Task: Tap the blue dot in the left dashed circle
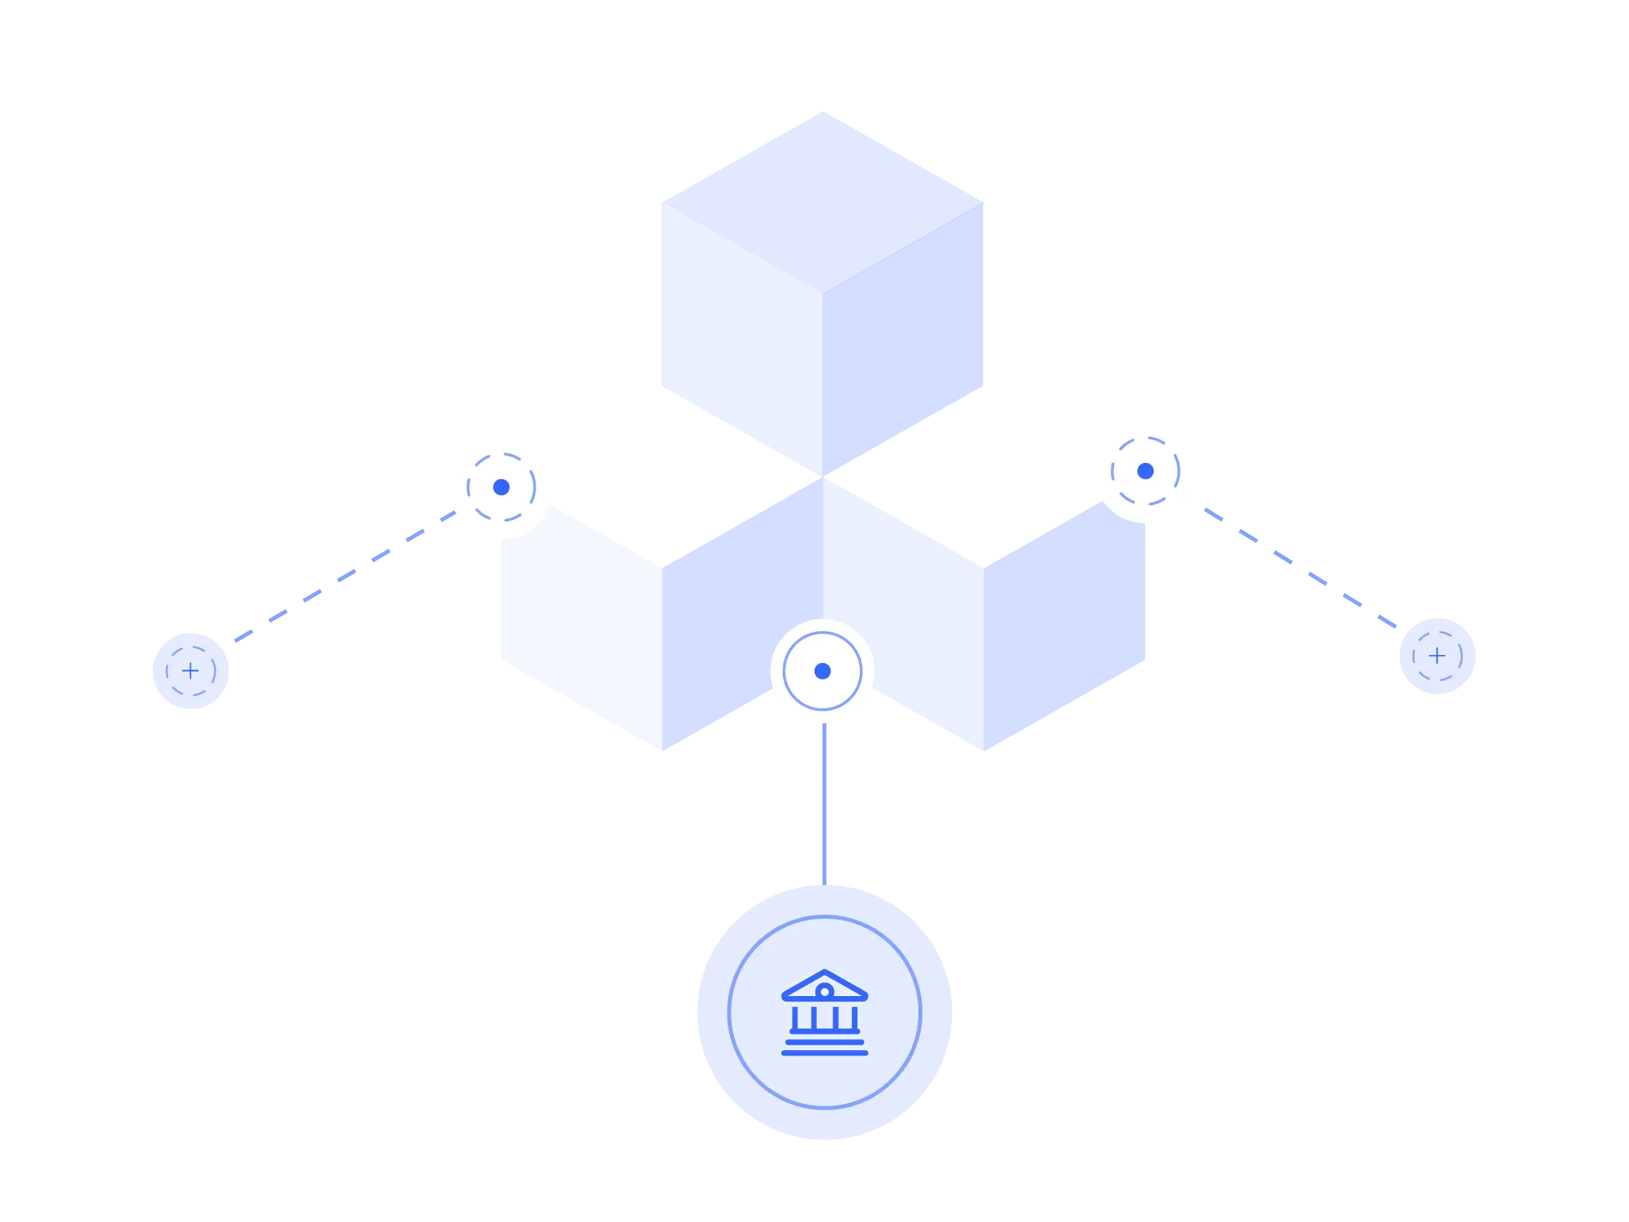501,487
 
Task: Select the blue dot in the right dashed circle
1145,471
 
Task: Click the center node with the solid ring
822,671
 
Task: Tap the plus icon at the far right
1437,655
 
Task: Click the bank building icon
825,1012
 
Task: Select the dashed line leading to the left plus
344,576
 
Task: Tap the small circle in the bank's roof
825,991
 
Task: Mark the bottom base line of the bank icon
825,1053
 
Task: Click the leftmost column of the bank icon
795,1018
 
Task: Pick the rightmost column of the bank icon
854,1018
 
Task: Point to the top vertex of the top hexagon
822,110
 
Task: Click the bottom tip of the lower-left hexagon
662,751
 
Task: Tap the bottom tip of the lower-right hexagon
984,751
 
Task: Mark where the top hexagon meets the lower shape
822,477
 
